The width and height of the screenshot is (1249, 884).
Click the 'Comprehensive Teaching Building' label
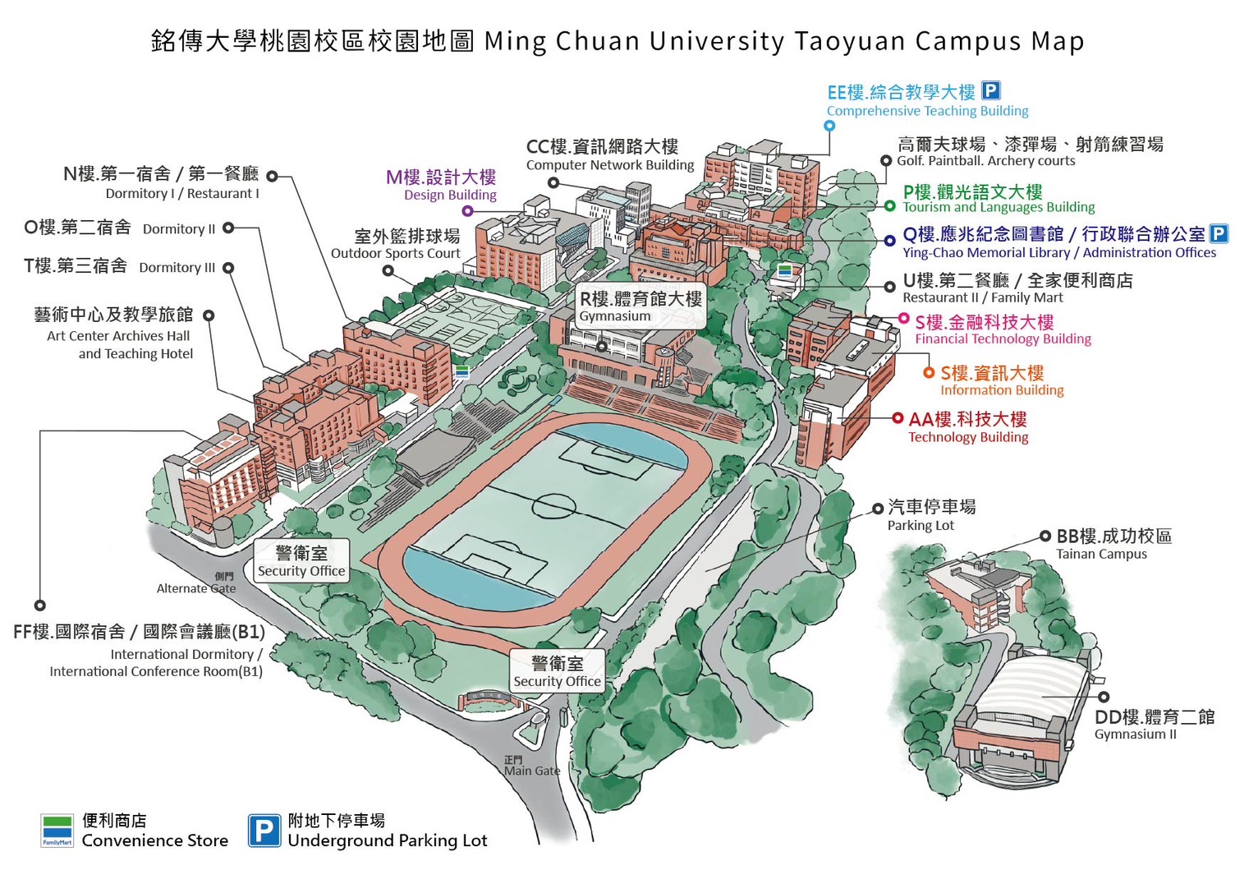[x=927, y=111]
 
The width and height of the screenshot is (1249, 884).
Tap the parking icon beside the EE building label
[x=991, y=91]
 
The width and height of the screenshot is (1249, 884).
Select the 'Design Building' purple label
[x=449, y=195]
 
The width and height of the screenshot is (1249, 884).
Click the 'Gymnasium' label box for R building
[x=640, y=306]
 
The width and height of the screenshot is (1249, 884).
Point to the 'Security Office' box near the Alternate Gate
[x=301, y=562]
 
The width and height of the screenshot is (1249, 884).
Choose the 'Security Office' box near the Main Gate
[x=558, y=671]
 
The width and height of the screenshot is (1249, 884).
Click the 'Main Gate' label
[x=531, y=770]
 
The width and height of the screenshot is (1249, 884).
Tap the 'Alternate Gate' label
[x=196, y=588]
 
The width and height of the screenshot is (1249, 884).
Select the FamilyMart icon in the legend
[x=57, y=831]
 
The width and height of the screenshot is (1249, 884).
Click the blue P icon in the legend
[x=264, y=831]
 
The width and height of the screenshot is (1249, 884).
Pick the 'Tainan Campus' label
[x=1101, y=554]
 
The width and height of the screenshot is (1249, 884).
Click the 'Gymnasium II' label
[x=1135, y=734]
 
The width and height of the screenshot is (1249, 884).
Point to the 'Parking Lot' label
[x=921, y=525]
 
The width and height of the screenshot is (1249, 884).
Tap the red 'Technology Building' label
[x=968, y=437]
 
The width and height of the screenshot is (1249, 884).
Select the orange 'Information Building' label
[x=1002, y=390]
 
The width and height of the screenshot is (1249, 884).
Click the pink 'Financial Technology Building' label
[x=1003, y=338]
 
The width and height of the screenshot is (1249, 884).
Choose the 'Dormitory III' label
[x=177, y=267]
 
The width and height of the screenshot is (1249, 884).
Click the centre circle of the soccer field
[x=553, y=504]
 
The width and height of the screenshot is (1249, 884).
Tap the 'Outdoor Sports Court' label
[x=395, y=253]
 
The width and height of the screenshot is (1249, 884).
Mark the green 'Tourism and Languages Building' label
[x=999, y=207]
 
